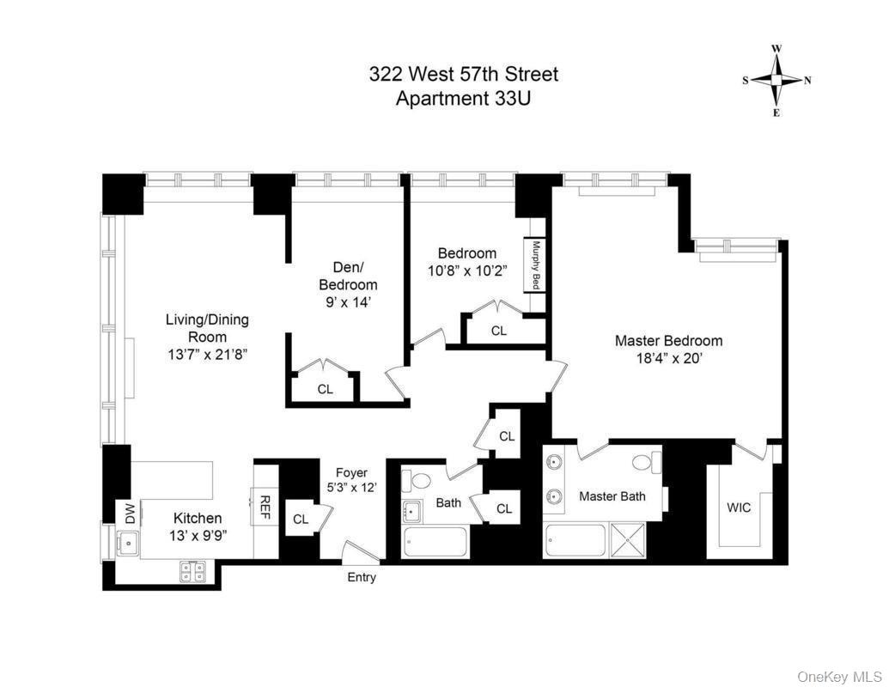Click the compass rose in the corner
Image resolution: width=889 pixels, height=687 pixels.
776,81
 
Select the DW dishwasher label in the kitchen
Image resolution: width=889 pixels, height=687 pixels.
131,514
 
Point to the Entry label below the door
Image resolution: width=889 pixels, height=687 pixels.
362,578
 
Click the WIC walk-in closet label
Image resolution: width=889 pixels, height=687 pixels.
739,508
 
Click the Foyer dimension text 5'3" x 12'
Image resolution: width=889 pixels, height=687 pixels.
351,488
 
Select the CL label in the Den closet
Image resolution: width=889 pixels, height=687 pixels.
325,389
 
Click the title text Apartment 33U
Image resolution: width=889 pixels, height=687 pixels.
463,98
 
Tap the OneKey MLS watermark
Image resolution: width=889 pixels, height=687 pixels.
839,677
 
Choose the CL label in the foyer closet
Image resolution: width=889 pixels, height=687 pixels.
301,519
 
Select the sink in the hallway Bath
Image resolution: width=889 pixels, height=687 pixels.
412,511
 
